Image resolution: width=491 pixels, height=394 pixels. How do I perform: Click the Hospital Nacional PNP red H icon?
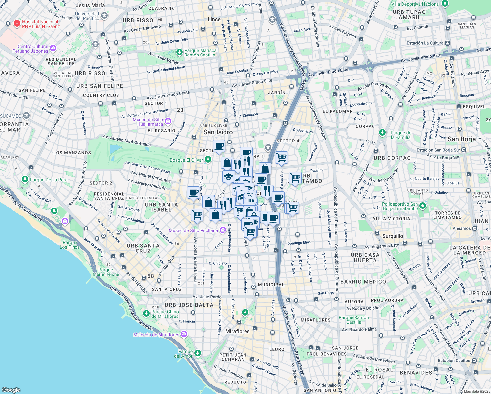(x=17, y=24)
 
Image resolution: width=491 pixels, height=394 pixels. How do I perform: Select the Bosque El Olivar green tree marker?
(x=208, y=160)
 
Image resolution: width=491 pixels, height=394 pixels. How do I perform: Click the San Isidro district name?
(x=218, y=132)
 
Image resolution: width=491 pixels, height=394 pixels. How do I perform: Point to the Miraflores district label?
(x=237, y=331)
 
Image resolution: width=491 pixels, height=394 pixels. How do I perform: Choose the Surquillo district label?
(x=393, y=236)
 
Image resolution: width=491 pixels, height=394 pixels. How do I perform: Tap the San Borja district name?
(x=461, y=139)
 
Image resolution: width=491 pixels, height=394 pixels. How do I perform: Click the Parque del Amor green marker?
(x=197, y=353)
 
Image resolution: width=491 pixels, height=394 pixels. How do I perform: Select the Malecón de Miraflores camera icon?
(x=184, y=334)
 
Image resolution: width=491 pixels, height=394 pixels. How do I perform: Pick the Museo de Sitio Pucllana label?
(x=193, y=230)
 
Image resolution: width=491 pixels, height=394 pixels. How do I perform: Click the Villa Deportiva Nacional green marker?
(x=445, y=4)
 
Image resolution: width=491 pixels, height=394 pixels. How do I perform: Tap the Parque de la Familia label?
(x=401, y=135)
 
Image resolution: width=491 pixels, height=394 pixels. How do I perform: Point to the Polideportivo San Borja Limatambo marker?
(x=423, y=206)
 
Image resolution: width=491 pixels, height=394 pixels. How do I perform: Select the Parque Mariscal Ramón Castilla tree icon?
(x=179, y=52)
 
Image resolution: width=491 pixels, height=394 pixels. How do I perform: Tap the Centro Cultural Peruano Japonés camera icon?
(x=53, y=48)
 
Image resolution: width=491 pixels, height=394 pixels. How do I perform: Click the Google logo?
(x=11, y=390)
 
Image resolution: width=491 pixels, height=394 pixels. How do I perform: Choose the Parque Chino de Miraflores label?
(x=165, y=314)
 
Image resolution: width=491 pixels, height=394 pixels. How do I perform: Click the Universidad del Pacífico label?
(x=87, y=16)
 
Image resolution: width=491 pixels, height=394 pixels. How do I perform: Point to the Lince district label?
(x=214, y=19)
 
